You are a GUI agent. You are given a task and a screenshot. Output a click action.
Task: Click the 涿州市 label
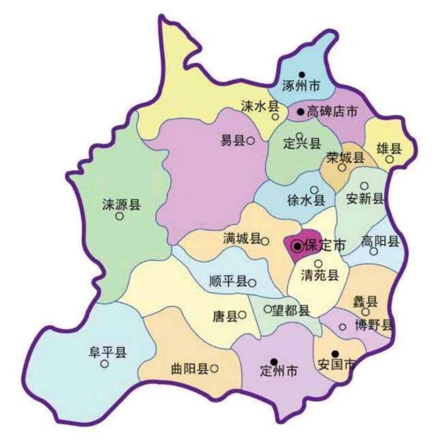[x=300, y=86]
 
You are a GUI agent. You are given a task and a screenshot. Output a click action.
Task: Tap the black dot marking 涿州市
[x=301, y=74]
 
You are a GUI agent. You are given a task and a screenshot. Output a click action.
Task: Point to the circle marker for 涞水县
[x=275, y=117]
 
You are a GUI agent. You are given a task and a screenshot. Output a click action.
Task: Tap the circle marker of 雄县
[x=390, y=159]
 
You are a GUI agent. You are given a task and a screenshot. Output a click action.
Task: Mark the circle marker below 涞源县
[x=119, y=216]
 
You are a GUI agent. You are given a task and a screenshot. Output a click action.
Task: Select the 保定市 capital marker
[x=298, y=247]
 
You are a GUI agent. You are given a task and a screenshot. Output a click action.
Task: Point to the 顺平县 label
[x=228, y=282]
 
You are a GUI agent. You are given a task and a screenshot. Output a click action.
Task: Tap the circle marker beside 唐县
[x=242, y=315]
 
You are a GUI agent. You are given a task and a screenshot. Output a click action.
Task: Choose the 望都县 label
[x=291, y=311]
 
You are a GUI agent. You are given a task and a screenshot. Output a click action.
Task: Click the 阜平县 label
[x=108, y=353]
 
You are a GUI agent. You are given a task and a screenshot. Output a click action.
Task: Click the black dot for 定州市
[x=274, y=361]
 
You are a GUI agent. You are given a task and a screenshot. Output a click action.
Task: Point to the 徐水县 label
[x=306, y=200]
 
